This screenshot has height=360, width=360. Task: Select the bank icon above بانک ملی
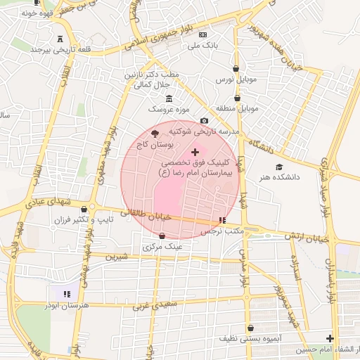tap(202, 34)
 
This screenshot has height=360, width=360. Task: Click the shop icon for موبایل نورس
tap(236, 69)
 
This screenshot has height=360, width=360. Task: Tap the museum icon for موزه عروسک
tap(168, 98)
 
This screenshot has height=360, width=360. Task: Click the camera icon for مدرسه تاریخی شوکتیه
tap(204, 121)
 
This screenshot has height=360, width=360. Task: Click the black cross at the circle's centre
tap(195, 152)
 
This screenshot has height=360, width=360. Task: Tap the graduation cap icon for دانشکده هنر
tap(280, 167)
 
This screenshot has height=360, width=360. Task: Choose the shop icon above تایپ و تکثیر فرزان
tap(84, 208)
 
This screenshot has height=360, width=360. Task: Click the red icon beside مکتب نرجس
tap(222, 220)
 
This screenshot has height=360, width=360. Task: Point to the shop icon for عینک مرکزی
tap(163, 236)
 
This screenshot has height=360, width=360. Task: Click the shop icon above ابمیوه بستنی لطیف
tap(250, 327)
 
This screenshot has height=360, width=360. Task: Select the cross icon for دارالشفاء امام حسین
tap(330, 338)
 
